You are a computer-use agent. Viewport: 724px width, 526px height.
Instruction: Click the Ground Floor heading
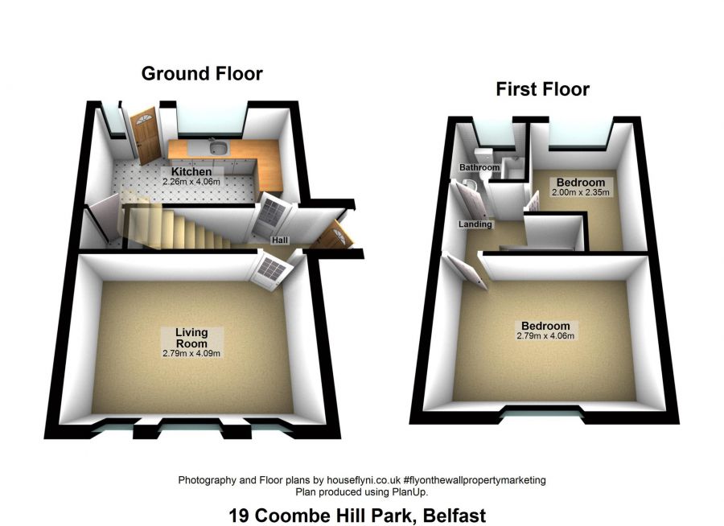click(202, 74)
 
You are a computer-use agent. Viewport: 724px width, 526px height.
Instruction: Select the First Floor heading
click(542, 89)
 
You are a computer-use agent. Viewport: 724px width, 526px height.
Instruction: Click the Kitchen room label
click(191, 172)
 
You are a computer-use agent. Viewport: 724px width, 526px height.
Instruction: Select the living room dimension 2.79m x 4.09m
click(191, 353)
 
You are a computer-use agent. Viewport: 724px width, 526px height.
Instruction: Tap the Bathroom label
click(479, 167)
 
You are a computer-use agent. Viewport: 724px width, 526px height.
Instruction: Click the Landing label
click(475, 224)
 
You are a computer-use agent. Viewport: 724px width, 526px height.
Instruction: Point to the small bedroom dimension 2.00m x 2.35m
click(581, 193)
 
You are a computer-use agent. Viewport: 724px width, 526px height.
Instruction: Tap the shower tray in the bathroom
click(512, 168)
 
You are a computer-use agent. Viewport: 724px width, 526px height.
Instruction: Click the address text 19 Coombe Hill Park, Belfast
click(357, 514)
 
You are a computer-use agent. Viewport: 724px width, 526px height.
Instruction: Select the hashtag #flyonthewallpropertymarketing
click(473, 479)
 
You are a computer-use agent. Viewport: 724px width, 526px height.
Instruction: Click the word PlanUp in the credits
click(410, 491)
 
